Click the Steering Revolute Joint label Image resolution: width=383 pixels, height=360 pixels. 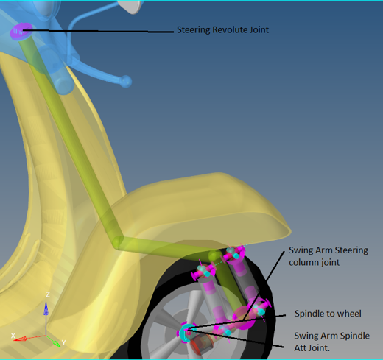[x=222, y=29]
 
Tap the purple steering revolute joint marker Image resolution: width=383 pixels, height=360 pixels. [x=21, y=30]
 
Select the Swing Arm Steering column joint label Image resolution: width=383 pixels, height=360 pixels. [x=328, y=256]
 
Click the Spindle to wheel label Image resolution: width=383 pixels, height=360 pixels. [x=328, y=314]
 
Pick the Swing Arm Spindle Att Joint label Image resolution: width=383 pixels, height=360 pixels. [x=331, y=342]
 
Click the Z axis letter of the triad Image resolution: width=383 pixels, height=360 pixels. [x=48, y=294]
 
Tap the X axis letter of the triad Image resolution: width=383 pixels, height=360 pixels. [x=13, y=336]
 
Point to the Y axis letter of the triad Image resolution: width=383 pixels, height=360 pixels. [x=63, y=342]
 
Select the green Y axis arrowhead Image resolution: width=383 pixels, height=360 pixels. [x=56, y=343]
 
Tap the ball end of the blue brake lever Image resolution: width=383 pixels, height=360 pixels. [x=125, y=82]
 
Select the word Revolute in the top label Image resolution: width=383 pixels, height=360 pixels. [x=230, y=29]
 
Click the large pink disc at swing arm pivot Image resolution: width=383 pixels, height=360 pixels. [x=244, y=317]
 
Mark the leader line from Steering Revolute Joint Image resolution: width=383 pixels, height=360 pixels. [x=98, y=31]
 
